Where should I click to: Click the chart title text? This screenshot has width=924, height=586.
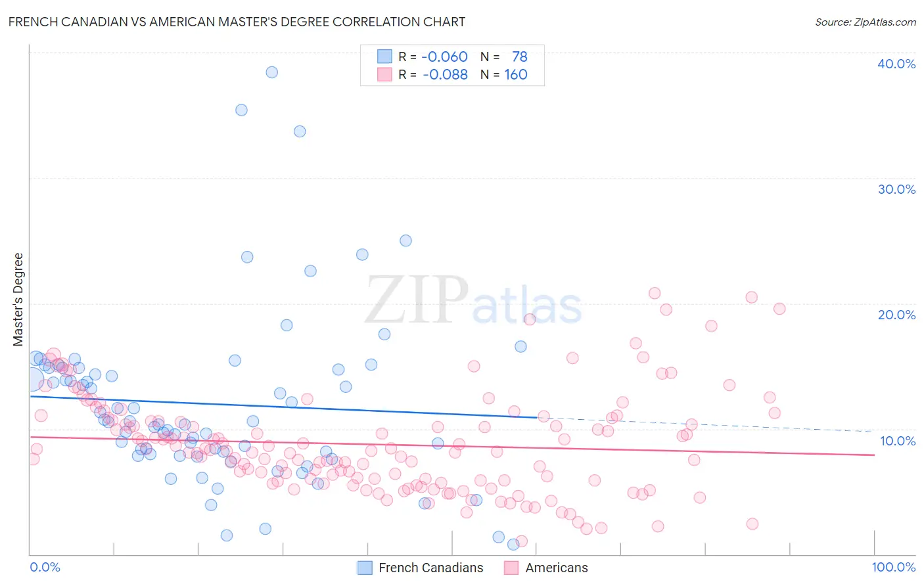(x=237, y=22)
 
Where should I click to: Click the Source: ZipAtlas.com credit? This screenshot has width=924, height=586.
(x=865, y=22)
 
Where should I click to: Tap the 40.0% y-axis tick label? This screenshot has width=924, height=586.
(x=896, y=64)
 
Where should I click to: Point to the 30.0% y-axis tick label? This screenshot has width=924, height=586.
(x=896, y=189)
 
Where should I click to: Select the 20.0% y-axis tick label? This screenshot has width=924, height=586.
(x=896, y=315)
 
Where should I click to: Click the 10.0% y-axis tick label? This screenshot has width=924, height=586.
(x=897, y=441)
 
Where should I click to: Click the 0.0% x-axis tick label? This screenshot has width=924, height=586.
(x=45, y=567)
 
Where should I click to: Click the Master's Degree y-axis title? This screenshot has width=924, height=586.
(x=18, y=300)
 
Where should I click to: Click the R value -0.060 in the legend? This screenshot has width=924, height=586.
(x=444, y=56)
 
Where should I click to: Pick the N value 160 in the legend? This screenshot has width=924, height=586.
(x=516, y=74)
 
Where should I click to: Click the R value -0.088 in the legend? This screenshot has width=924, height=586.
(x=445, y=74)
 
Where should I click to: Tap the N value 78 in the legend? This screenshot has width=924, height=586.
(x=519, y=56)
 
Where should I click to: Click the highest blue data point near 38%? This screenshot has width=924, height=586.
(x=271, y=72)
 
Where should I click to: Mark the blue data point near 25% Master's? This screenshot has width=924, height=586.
(x=405, y=240)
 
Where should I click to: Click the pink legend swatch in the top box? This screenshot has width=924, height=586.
(x=384, y=74)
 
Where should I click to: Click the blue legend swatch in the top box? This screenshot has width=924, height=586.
(x=384, y=56)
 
